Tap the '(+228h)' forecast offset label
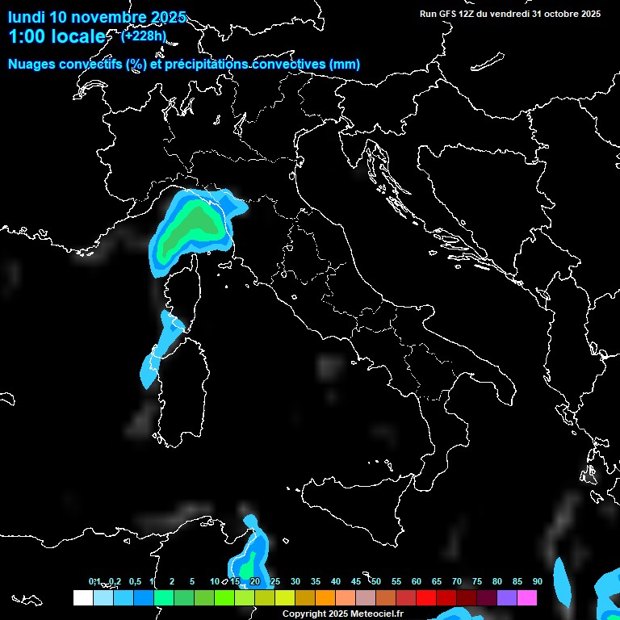click(x=143, y=35)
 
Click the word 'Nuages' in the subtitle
click(x=32, y=65)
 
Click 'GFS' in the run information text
click(x=448, y=14)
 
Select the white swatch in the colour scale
click(x=82, y=598)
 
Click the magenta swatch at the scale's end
click(x=527, y=598)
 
